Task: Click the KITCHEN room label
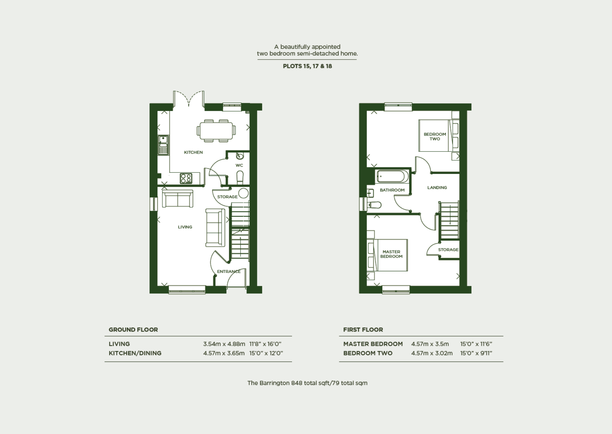point(193,152)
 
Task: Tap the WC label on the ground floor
point(239,165)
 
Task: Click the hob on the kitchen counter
point(186,178)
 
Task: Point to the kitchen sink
point(163,145)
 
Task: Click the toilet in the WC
point(240,177)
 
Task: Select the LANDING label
point(437,188)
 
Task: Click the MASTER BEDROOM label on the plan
point(391,254)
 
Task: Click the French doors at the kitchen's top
point(189,98)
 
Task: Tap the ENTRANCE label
point(229,271)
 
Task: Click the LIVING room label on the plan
point(185,227)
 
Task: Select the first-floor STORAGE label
point(448,250)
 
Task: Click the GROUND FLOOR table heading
point(133,330)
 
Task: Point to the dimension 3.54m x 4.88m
point(224,344)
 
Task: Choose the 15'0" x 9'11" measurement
point(476,353)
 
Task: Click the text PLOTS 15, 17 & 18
point(307,66)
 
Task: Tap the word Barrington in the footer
point(274,383)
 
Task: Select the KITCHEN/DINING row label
point(135,353)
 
